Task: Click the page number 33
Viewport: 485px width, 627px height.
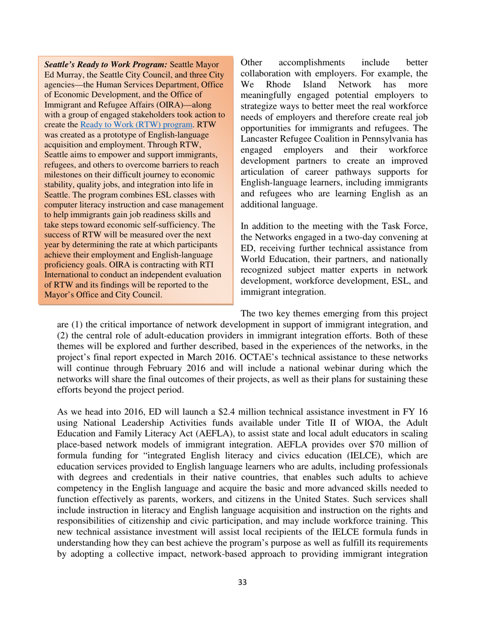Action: [x=243, y=596]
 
